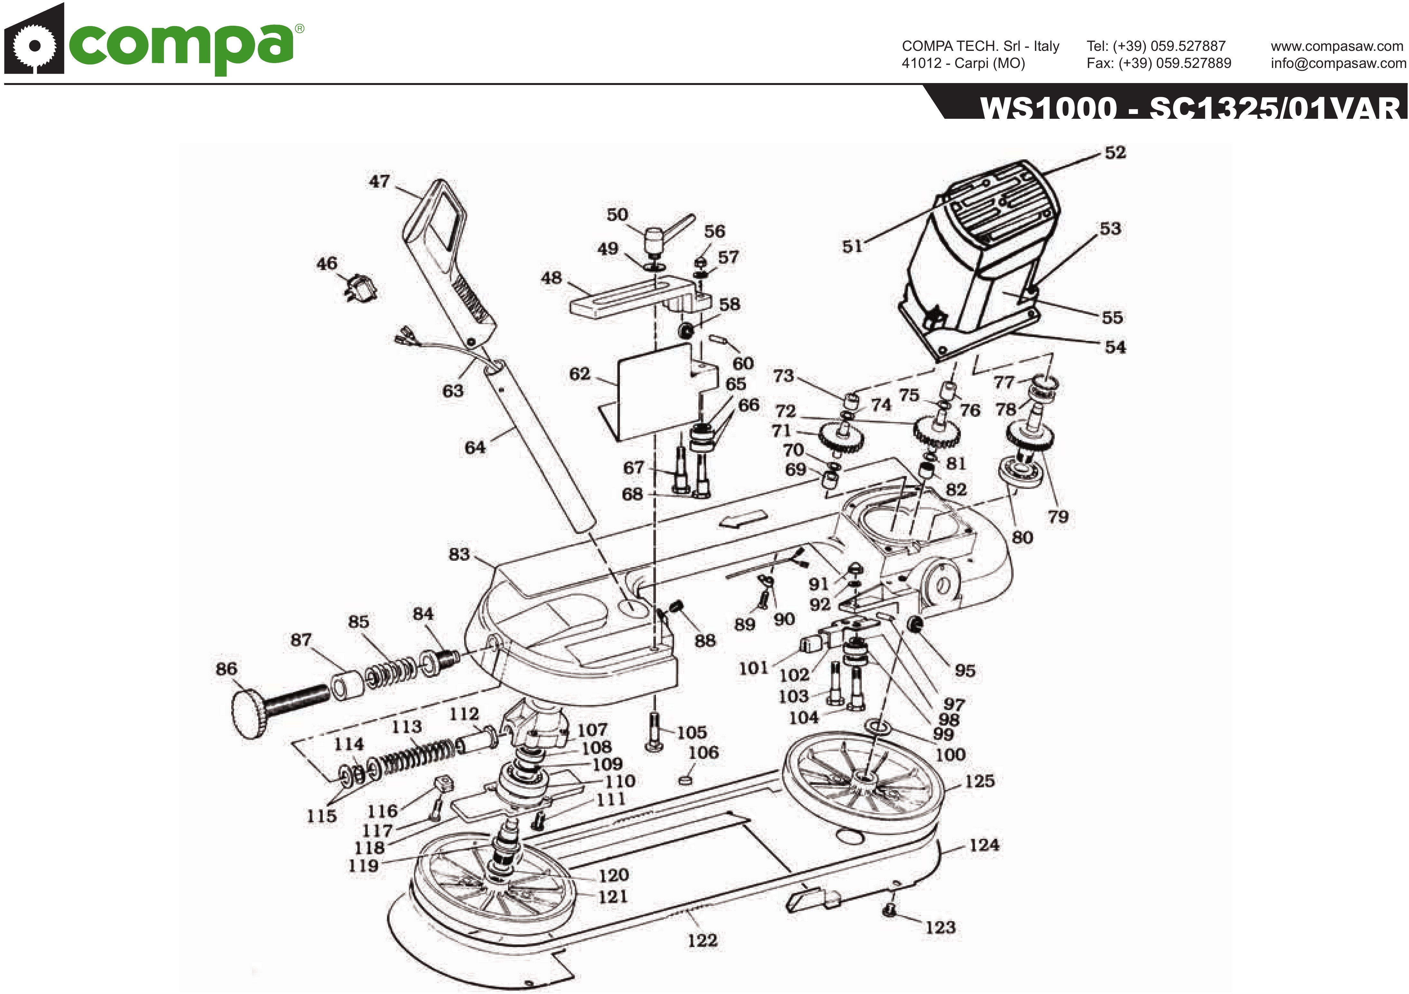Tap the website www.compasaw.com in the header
click(x=1337, y=46)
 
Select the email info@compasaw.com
click(x=1338, y=63)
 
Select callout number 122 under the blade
click(x=702, y=940)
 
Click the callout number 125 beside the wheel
click(x=979, y=781)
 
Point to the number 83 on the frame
click(x=459, y=554)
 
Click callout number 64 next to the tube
click(x=475, y=447)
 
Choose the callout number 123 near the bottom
click(x=940, y=927)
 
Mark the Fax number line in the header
click(x=1159, y=63)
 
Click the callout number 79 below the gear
click(x=1057, y=516)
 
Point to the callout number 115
click(x=322, y=816)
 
